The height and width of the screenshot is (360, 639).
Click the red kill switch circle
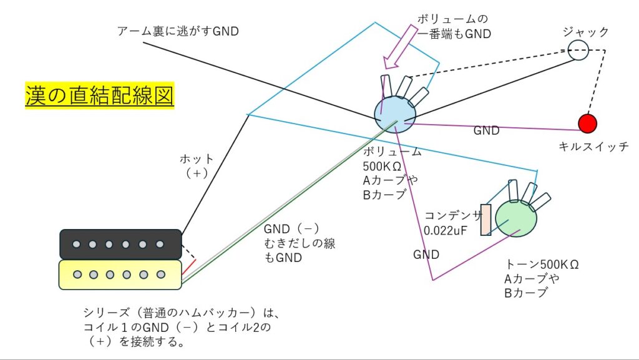pos(588,124)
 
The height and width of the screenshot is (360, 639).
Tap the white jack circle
pos(578,50)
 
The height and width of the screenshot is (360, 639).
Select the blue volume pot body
pos(395,114)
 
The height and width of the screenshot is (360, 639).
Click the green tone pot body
pos(516,218)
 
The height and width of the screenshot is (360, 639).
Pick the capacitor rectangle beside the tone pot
pos(485,220)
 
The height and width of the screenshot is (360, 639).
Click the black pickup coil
pos(120,245)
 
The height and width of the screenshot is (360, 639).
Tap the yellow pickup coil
pos(120,275)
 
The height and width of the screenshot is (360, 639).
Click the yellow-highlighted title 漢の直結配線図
pos(100,95)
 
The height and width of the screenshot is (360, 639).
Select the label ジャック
pos(585,32)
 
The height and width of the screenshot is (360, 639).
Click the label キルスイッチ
pos(593,147)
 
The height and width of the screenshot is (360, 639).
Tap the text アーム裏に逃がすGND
pos(178,31)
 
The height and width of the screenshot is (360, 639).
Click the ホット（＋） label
pos(197,166)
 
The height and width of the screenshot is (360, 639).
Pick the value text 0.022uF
pos(446,231)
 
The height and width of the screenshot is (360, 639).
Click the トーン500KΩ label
pos(542,265)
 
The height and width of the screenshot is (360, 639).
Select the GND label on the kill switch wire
pos(486,130)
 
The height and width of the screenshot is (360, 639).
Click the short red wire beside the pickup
pos(188,267)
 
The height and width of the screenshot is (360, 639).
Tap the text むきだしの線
pos(300,243)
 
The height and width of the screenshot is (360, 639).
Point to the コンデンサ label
pos(453,216)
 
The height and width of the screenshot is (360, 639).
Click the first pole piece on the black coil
pos(76,245)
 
